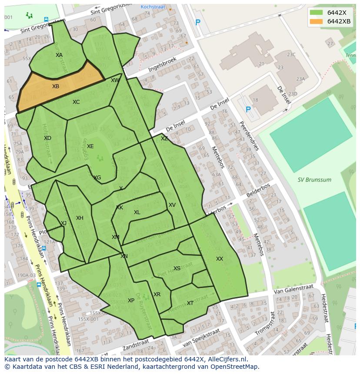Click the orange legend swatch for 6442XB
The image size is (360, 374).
[317, 21]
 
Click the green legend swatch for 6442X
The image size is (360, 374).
[317, 13]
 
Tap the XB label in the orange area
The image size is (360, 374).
[56, 86]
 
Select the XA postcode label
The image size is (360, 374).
[59, 55]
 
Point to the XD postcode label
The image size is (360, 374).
[48, 138]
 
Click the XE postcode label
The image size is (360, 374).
[90, 146]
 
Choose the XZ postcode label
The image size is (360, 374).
[164, 139]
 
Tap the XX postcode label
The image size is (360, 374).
[220, 259]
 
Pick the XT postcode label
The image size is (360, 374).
[190, 303]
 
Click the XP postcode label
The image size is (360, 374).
[131, 301]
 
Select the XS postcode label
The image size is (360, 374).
[177, 268]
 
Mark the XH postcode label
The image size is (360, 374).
[80, 218]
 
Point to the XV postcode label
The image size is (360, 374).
[172, 205]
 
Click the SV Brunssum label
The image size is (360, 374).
[314, 179]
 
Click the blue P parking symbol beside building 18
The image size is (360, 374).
[248, 109]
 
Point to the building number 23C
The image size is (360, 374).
[291, 54]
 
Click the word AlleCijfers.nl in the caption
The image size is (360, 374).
[226, 360]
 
